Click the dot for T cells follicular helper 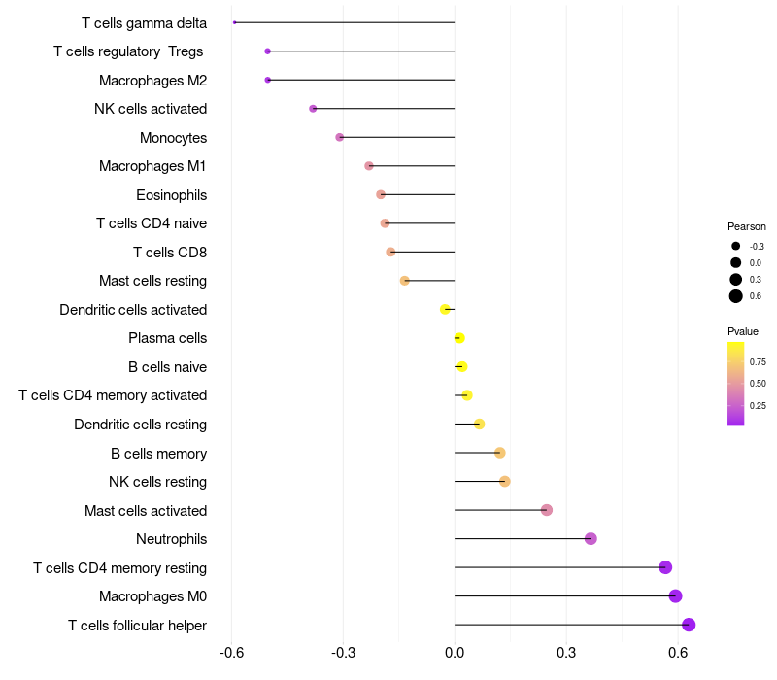click(689, 625)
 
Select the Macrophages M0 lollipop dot click(675, 596)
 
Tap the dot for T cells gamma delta click(235, 22)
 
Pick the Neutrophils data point click(591, 539)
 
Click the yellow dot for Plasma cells click(459, 338)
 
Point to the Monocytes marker click(339, 137)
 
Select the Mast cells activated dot click(546, 510)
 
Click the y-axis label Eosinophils click(171, 195)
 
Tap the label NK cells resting click(157, 482)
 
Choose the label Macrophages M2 click(152, 81)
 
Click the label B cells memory click(158, 453)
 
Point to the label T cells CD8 click(170, 253)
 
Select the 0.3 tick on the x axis click(566, 652)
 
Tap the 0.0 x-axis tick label click(455, 652)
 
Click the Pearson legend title click(747, 226)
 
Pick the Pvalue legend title click(743, 331)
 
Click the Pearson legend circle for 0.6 click(736, 296)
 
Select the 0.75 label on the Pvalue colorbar click(758, 361)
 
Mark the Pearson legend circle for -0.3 click(736, 246)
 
